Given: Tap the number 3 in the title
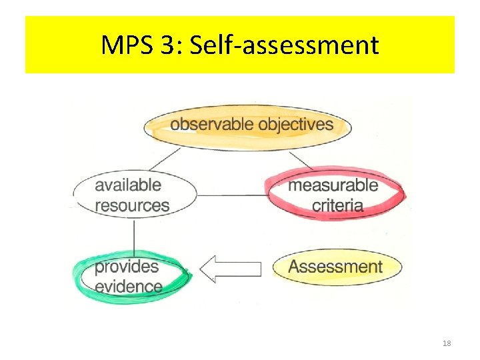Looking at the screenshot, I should pos(167,45).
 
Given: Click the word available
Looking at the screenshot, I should pos(128,185).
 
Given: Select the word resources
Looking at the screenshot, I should pos(132,205).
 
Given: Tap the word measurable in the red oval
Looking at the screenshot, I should pos(333,185).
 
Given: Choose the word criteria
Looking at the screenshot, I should pos(337,205).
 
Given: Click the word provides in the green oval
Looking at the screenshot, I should pos(127,267).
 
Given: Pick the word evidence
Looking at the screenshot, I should pos(129,287).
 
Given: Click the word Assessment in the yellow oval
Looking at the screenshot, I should pos(335,267).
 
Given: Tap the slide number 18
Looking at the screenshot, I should pos(447,343).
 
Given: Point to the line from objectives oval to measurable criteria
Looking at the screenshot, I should pos(301,161).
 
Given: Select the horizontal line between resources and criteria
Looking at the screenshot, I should pos(231,195).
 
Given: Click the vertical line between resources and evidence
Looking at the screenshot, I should pos(135,235).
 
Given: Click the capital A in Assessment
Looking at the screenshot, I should pos(294,267).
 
